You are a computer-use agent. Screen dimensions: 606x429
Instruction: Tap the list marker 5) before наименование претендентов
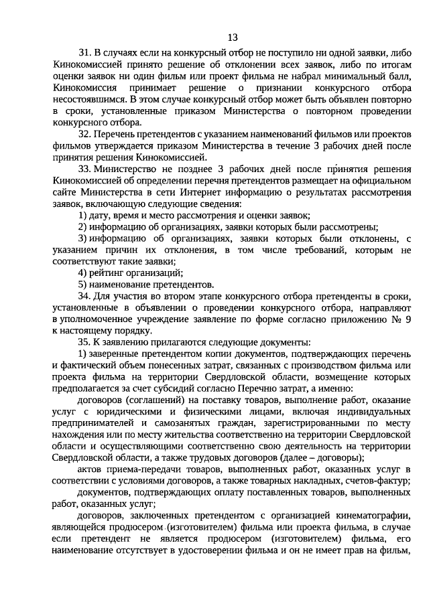pos(82,285)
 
